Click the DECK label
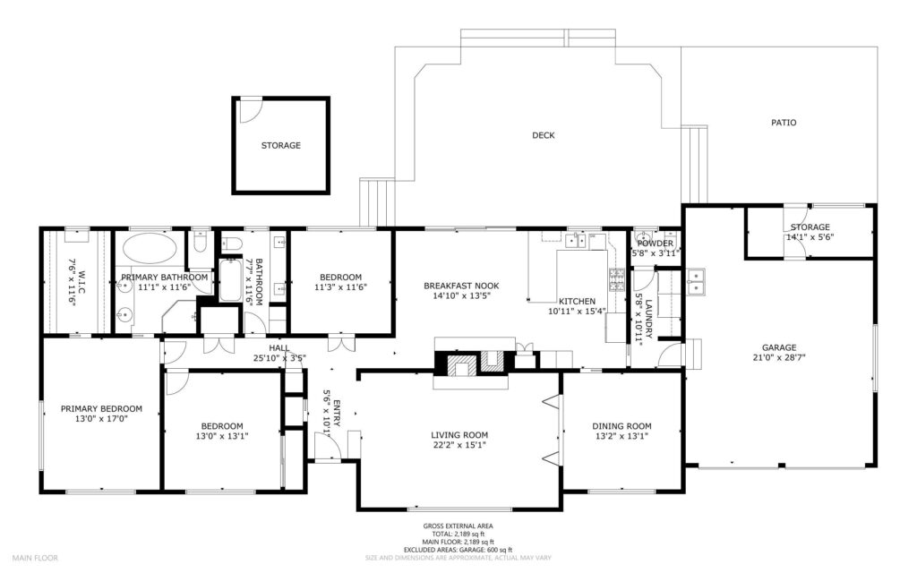[x=544, y=135]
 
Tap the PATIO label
[x=784, y=123]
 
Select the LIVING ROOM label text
[x=459, y=435]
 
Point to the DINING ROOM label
[x=621, y=426]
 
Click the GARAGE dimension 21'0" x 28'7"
[x=779, y=356]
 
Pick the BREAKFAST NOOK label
[x=461, y=286]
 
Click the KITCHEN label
[x=578, y=301]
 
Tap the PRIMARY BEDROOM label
[x=101, y=408]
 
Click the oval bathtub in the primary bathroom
[x=150, y=249]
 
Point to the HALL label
[x=279, y=348]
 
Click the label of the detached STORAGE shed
[x=280, y=146]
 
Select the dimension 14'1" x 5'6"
[x=810, y=237]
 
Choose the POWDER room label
[x=655, y=244]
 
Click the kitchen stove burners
[x=617, y=279]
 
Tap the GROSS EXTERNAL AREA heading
[x=458, y=526]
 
